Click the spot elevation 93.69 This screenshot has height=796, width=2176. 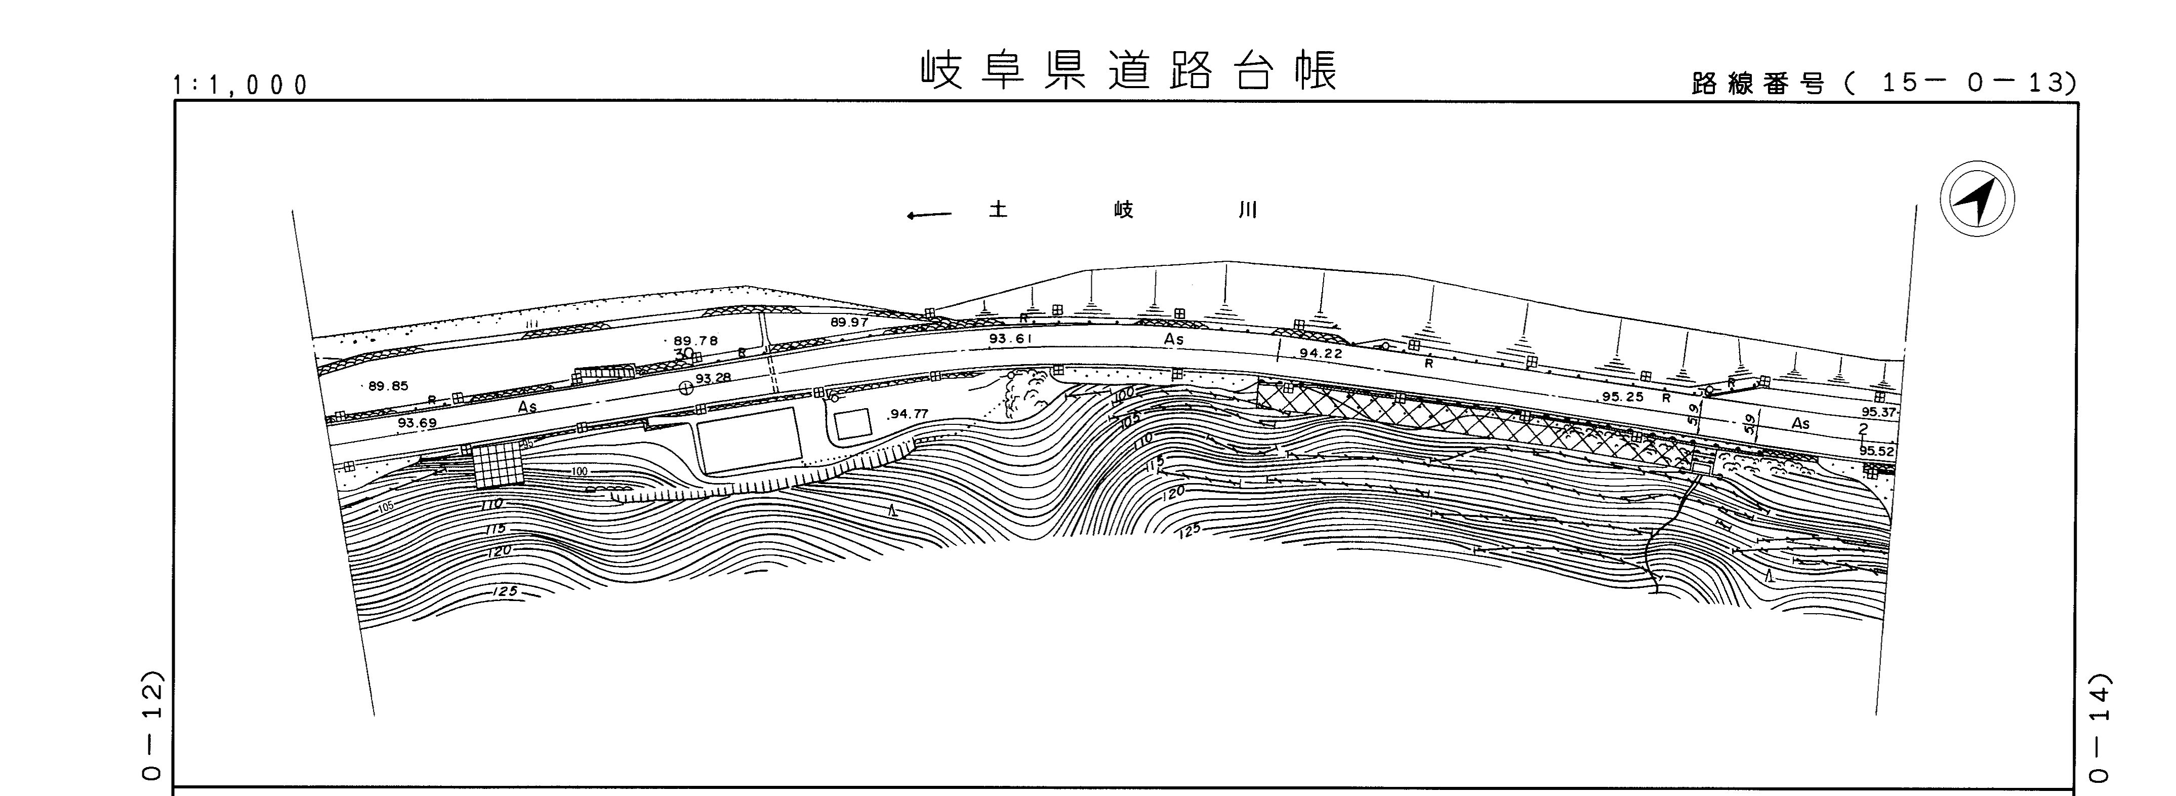(417, 422)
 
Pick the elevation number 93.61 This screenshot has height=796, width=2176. (1011, 339)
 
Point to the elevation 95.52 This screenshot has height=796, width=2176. (1877, 451)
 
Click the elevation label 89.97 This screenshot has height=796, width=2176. (849, 322)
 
